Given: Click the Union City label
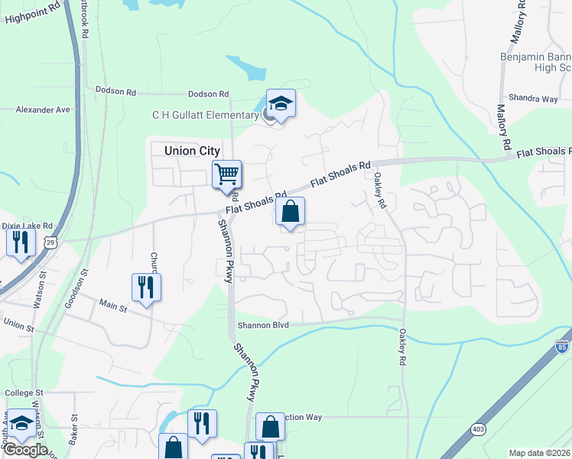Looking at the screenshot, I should [x=192, y=151].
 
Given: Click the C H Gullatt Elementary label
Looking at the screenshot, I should [x=205, y=116].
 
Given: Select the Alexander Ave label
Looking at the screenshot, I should [x=43, y=109].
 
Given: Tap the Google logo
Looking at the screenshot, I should [x=25, y=450].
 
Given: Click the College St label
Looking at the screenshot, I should [x=24, y=392].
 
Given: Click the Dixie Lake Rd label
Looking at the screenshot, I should [x=27, y=226].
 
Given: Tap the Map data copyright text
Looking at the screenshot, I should [x=539, y=453].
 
